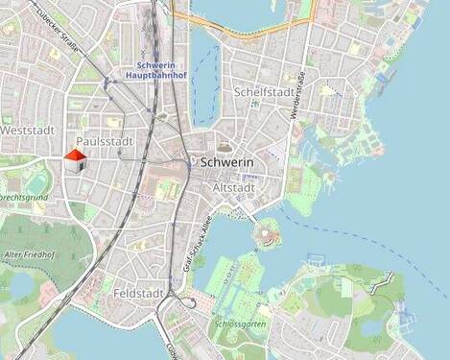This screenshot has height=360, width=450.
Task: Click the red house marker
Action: click(75, 160)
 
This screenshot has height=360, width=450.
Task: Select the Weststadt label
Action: click(26, 128)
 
